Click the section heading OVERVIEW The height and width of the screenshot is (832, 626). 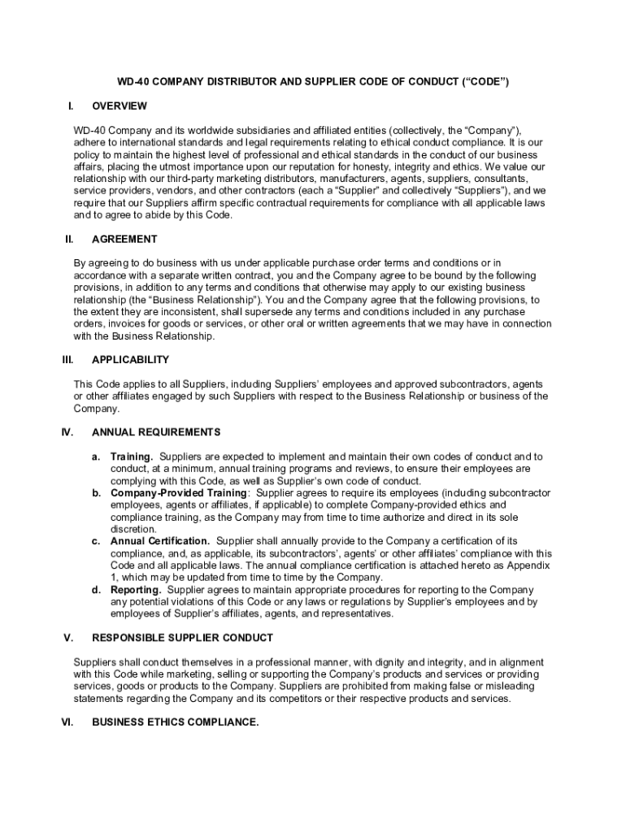pyautogui.click(x=120, y=106)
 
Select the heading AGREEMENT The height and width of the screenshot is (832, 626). pyautogui.click(x=124, y=240)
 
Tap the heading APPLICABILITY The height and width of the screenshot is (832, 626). pyautogui.click(x=131, y=359)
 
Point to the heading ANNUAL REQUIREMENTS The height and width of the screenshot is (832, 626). pyautogui.click(x=156, y=432)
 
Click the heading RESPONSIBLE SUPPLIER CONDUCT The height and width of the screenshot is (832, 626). pyautogui.click(x=183, y=638)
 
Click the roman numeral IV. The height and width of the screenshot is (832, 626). pyautogui.click(x=68, y=432)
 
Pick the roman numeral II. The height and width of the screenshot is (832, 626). pyautogui.click(x=70, y=240)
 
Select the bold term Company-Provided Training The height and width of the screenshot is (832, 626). pyautogui.click(x=179, y=493)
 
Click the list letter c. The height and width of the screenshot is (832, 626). pyautogui.click(x=96, y=541)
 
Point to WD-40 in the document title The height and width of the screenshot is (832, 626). pyautogui.click(x=134, y=82)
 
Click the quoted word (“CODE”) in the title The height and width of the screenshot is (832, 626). pyautogui.click(x=485, y=82)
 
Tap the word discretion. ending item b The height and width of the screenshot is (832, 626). pyautogui.click(x=133, y=529)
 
